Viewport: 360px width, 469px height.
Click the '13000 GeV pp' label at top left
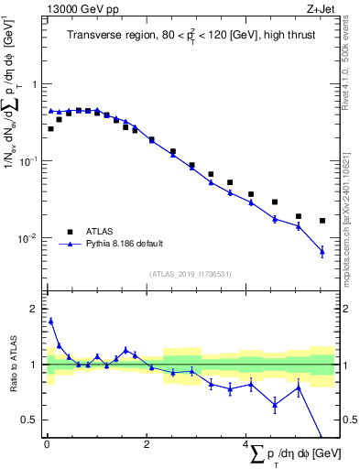click(76, 9)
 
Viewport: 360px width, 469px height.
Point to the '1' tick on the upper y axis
click(35, 84)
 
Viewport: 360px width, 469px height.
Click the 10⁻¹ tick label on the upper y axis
click(29, 161)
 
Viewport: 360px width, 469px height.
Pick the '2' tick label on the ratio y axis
click(35, 309)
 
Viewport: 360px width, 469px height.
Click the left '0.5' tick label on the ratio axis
click(30, 420)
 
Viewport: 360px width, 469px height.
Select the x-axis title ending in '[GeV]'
click(291, 455)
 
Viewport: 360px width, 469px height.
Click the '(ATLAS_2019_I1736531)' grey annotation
click(191, 274)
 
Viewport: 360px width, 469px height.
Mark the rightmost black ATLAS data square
click(322, 221)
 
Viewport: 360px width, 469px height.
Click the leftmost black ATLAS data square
click(51, 129)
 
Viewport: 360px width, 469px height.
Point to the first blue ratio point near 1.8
click(51, 321)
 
